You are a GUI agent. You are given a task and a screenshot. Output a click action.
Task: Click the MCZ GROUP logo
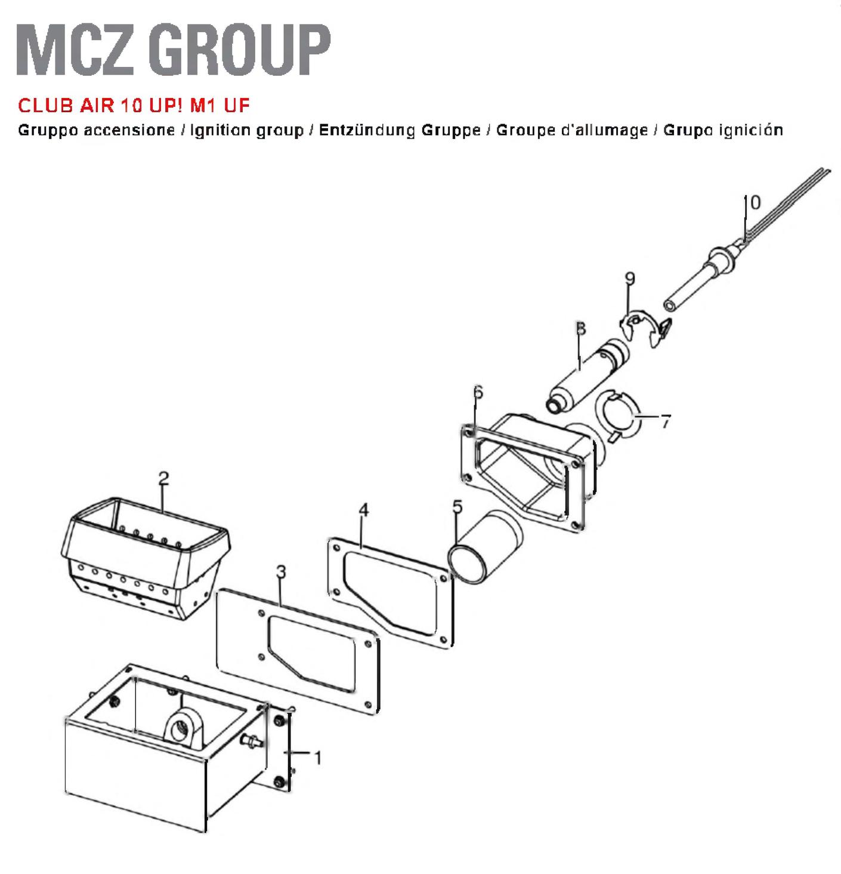[x=173, y=50]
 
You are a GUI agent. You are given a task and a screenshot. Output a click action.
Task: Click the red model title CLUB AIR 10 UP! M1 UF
[x=134, y=106]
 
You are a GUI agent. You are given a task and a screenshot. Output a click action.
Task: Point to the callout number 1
[x=318, y=758]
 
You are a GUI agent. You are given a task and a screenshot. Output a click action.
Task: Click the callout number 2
[x=164, y=478]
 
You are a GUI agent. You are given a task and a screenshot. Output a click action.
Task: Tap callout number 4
[x=364, y=510]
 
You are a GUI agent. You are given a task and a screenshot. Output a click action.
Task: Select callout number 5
[x=457, y=506]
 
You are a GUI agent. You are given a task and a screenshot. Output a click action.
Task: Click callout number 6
[x=478, y=392]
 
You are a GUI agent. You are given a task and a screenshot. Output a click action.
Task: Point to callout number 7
[x=666, y=421]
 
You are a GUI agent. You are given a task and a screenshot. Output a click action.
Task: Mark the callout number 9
[x=630, y=278]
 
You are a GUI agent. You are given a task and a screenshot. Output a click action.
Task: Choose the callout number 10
[x=752, y=202]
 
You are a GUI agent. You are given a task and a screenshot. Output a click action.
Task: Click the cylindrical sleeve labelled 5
[x=486, y=549]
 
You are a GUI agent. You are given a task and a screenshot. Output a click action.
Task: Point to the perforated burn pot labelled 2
[x=145, y=558]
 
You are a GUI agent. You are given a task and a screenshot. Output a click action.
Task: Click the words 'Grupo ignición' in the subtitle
[x=723, y=130]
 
